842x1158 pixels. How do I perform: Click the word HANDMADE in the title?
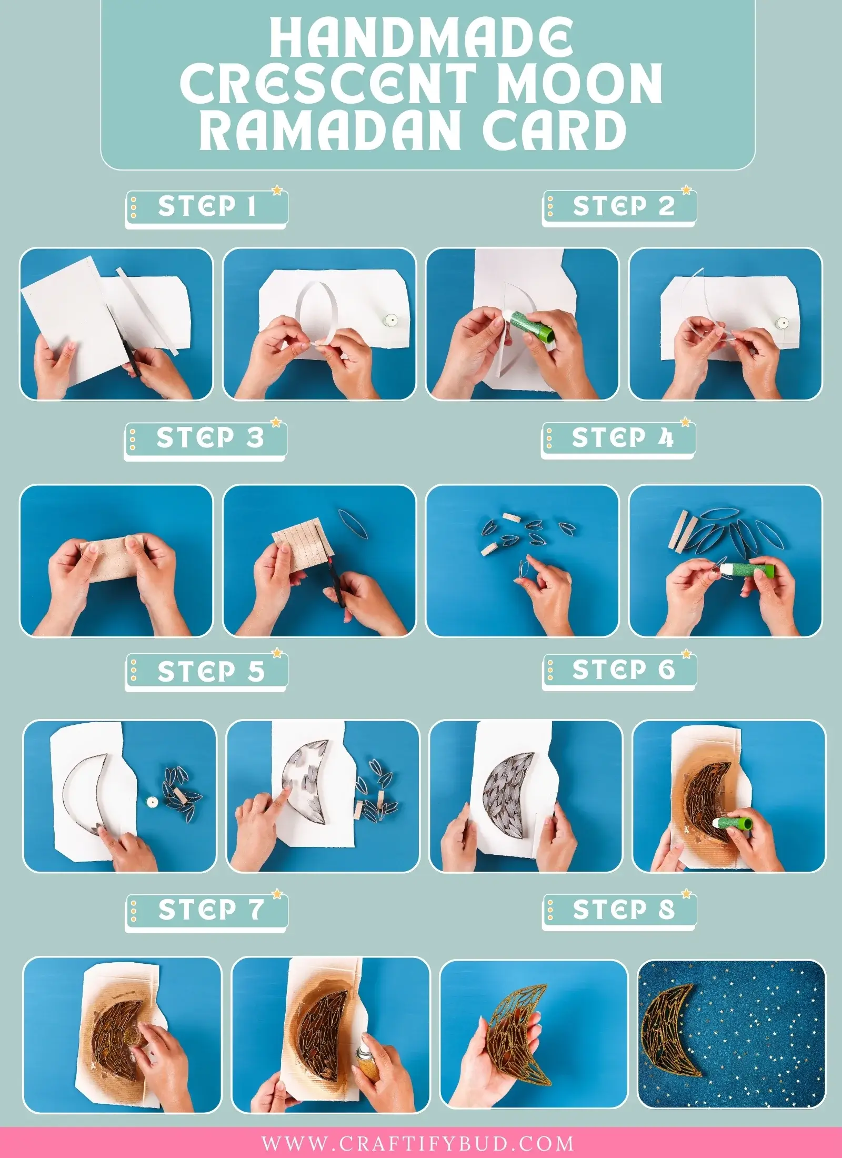point(421,37)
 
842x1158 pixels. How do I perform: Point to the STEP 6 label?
point(623,670)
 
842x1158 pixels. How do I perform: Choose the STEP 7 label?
point(210,910)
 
